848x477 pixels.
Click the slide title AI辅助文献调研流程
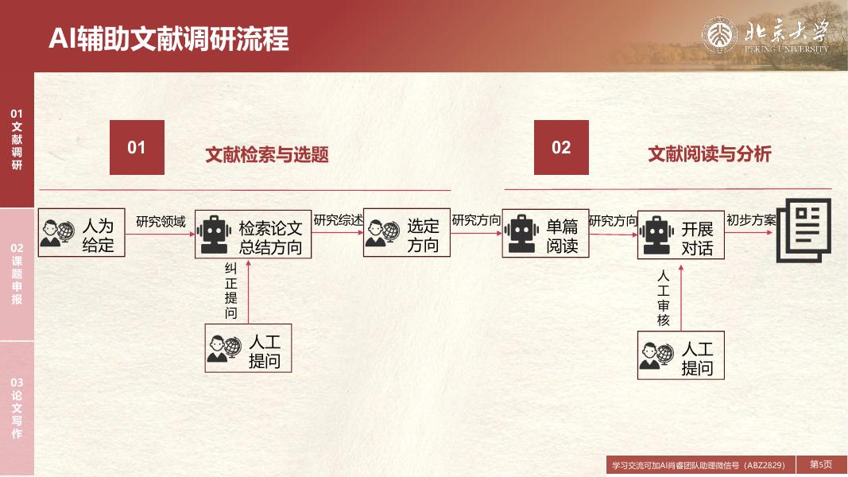pos(168,38)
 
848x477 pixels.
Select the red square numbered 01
pos(137,147)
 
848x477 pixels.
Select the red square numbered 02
pos(561,147)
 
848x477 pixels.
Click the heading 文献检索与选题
pos(267,155)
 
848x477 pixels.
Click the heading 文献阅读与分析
pos(709,154)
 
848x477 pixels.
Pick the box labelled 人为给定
pos(82,232)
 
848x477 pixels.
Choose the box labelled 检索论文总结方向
pos(253,235)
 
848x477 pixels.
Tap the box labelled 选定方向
pos(407,234)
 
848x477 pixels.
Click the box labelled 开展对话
pos(680,235)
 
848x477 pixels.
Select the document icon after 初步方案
pos(803,230)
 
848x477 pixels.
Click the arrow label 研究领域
pos(161,222)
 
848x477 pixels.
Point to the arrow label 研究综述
pos(338,220)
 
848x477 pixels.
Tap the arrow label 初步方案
pos(750,220)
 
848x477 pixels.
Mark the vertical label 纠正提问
pos(230,291)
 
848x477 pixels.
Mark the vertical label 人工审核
pos(664,298)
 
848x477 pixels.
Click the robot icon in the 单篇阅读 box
pos(521,233)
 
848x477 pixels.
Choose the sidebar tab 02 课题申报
pos(17,274)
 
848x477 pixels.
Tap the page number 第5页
pos(821,464)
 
